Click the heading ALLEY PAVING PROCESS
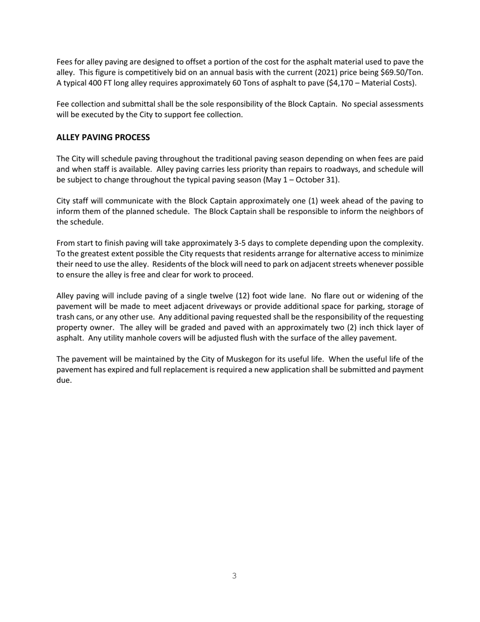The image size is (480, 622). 103,138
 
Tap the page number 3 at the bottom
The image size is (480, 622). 234,575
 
